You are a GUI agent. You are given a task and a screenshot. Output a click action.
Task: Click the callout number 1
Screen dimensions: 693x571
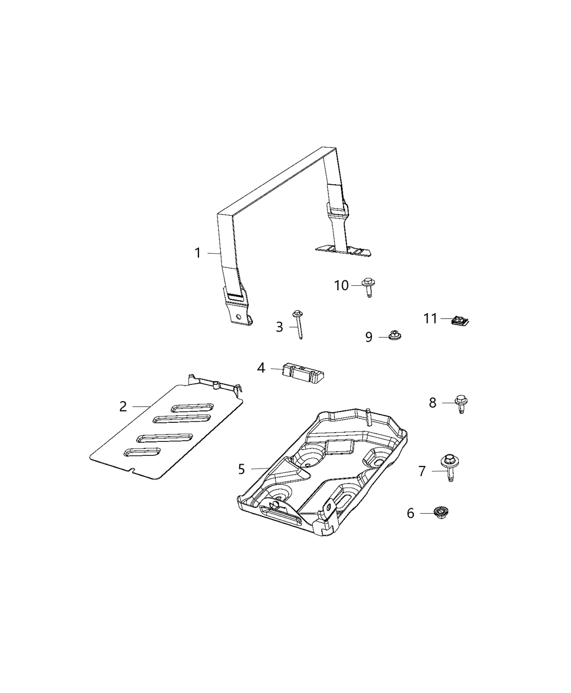[198, 253]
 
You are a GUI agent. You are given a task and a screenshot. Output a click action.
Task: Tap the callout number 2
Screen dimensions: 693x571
[123, 406]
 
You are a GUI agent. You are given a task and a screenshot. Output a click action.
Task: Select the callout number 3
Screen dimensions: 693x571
[280, 327]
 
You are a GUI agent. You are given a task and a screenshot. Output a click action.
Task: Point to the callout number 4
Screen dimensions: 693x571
[261, 368]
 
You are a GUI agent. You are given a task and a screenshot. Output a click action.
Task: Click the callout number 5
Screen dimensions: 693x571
[241, 469]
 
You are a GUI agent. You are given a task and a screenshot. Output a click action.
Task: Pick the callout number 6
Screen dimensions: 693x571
[411, 513]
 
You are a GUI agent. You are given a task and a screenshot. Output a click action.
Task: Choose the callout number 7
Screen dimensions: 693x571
[423, 471]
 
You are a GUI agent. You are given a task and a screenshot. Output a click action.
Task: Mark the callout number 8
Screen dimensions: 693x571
[432, 403]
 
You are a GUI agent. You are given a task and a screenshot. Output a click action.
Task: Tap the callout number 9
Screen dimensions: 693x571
[369, 338]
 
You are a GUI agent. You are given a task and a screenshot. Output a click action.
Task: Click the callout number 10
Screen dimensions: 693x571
[342, 285]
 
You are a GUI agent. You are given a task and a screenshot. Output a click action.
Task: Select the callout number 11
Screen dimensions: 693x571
[430, 319]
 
